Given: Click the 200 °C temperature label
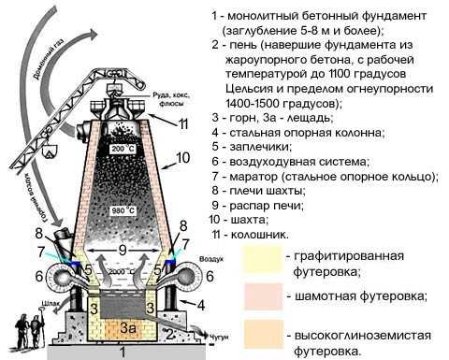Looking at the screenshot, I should (123, 149).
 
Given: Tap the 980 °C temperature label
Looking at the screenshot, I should (123, 209).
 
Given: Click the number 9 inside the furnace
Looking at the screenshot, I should (123, 251).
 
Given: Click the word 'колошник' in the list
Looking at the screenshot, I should (262, 234).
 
